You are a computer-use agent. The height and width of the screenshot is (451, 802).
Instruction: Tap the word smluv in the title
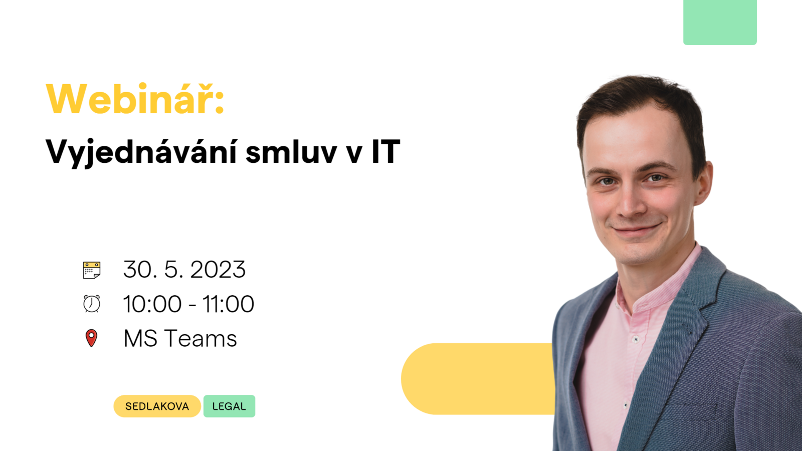291,152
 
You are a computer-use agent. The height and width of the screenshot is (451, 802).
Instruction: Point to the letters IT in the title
385,152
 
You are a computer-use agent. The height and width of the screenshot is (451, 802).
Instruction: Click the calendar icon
92,270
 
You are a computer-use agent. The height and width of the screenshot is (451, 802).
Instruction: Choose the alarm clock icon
92,304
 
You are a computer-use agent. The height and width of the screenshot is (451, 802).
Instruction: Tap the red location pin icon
91,338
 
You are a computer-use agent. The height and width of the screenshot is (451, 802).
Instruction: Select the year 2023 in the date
218,270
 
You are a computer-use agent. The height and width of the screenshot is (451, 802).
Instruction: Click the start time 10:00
152,304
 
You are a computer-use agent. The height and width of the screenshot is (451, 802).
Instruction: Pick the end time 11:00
229,304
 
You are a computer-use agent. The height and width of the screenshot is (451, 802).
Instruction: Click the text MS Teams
180,338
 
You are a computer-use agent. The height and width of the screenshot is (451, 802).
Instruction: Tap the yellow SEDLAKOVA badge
157,406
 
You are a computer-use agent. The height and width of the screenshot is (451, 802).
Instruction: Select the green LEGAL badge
229,406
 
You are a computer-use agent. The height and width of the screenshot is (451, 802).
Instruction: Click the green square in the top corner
720,22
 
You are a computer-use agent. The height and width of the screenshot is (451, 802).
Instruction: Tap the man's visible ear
702,182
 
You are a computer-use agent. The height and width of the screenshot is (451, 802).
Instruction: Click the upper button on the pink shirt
636,339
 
